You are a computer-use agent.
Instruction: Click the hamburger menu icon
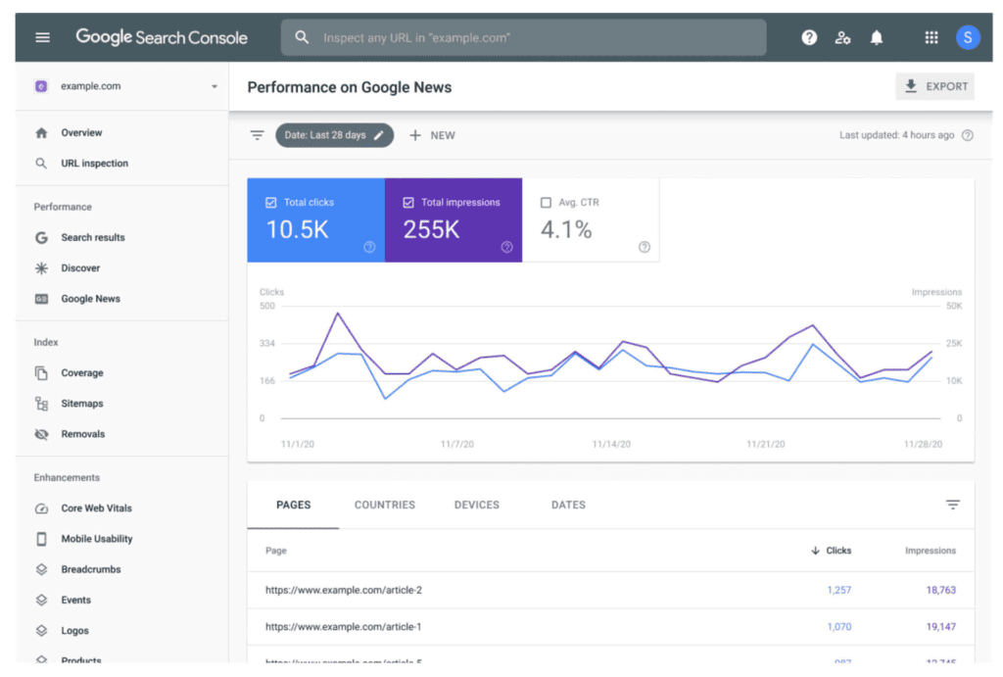click(42, 37)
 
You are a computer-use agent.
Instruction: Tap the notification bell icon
click(877, 37)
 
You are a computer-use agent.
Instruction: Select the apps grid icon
click(931, 37)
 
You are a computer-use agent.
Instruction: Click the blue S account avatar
click(968, 37)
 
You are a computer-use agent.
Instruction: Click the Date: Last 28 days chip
click(334, 135)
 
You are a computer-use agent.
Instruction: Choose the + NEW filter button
click(432, 135)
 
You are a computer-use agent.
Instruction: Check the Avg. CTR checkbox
click(547, 203)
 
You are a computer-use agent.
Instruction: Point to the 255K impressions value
click(431, 229)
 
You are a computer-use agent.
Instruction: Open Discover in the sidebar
click(80, 267)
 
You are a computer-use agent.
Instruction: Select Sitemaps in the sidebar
click(81, 404)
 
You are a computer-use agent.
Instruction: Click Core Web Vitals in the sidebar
click(96, 508)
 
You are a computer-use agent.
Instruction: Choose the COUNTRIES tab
click(385, 505)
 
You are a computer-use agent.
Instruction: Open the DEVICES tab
click(477, 505)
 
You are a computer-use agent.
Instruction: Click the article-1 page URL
click(343, 626)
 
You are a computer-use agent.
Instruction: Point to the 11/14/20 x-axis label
click(611, 444)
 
